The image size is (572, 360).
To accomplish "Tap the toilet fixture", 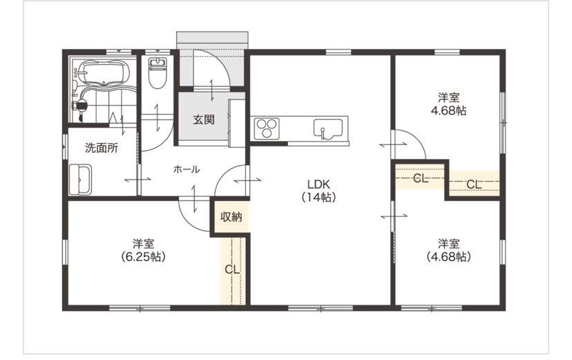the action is (x=157, y=73).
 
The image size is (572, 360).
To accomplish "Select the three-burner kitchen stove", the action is (x=267, y=129).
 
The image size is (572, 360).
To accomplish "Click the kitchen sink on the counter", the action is (x=327, y=129).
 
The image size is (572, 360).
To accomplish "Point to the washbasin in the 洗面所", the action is (x=81, y=180).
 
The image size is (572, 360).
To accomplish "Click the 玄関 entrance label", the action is (x=204, y=120).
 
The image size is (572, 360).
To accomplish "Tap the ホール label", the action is (x=187, y=169).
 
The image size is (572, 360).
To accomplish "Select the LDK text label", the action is (x=318, y=184).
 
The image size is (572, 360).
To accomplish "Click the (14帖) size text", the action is (x=318, y=197).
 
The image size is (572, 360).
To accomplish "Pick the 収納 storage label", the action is (x=231, y=217).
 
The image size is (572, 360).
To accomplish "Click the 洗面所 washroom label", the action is (x=102, y=148).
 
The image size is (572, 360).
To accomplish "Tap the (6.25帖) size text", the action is (x=143, y=257).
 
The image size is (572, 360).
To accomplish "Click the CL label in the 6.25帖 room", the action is (x=232, y=269).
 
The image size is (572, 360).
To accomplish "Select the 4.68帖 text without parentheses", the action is (x=448, y=110).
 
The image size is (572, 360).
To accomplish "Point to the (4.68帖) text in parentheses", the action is (x=448, y=257).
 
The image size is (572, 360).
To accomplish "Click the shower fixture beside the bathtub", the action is (x=80, y=106).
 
